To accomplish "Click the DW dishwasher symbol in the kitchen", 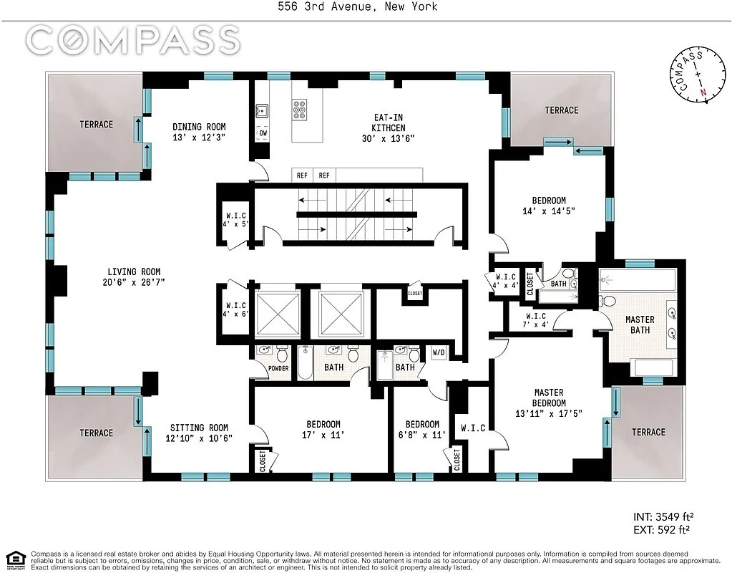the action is [x=263, y=133].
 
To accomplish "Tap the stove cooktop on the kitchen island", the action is [x=299, y=110].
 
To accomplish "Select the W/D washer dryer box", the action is [x=439, y=352].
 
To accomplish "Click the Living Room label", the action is [x=134, y=271].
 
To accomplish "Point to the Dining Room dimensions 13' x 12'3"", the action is [x=199, y=138].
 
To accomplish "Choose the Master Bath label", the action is [x=640, y=325].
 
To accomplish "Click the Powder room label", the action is [x=278, y=368].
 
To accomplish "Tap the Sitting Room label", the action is [x=199, y=428].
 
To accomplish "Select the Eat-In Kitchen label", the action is [x=389, y=122].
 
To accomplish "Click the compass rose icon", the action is [x=698, y=74].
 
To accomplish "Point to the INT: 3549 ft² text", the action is [x=663, y=517].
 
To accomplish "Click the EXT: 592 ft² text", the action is [x=661, y=529].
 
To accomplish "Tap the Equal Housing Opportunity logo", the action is [x=16, y=559].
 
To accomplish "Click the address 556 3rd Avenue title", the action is [x=358, y=6].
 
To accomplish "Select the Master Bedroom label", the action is [x=549, y=398].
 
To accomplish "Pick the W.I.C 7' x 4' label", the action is [x=535, y=320].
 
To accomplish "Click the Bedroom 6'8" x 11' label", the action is [x=422, y=430].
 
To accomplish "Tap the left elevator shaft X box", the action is [x=278, y=314].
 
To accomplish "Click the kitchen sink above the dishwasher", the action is [x=262, y=111].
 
